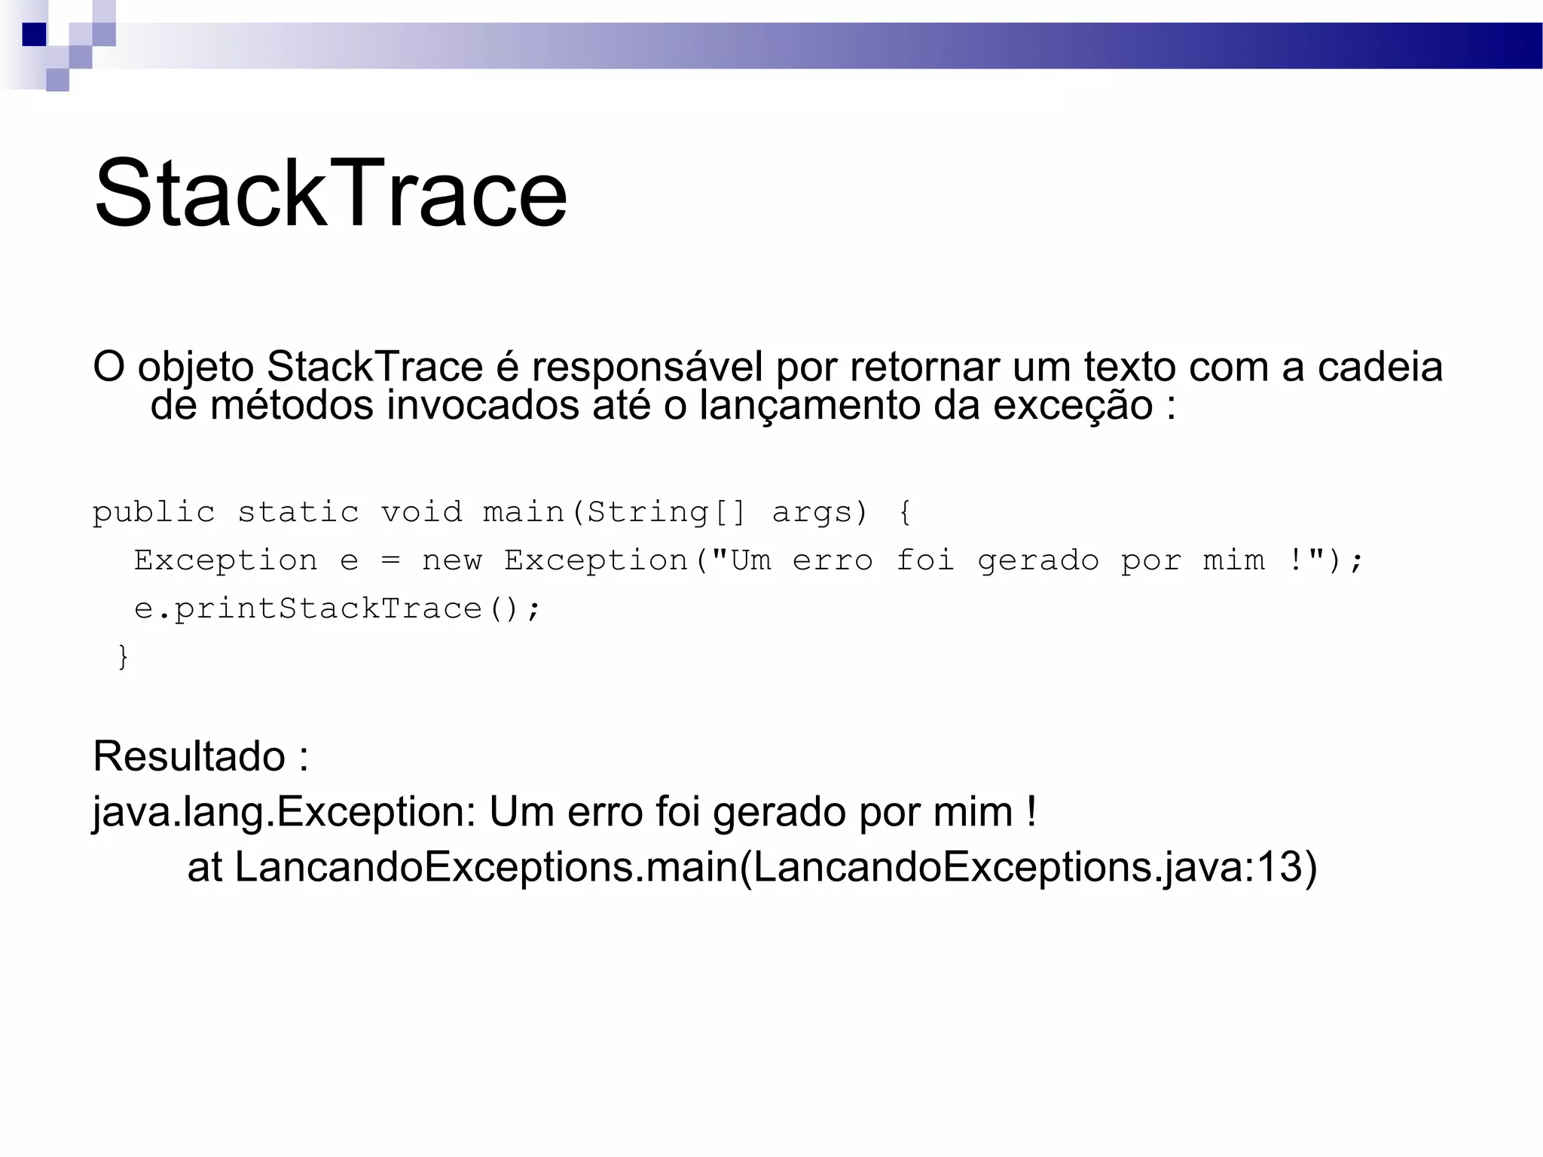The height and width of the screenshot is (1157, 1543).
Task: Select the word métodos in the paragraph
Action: coord(292,405)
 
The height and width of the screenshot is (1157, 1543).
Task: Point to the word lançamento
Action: coord(810,407)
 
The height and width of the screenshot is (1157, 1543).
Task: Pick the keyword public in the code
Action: coord(154,513)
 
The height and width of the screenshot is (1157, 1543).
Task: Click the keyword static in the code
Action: coord(298,513)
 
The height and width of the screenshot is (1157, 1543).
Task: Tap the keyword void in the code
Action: coord(421,513)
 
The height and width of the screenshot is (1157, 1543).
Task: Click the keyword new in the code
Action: coord(451,561)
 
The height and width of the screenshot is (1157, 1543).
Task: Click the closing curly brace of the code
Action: coord(124,657)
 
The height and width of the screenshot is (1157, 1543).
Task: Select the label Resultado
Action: coord(188,756)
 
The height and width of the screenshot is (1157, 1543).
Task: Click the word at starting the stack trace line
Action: coord(204,868)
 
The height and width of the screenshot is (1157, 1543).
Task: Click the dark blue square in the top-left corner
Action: coord(34,35)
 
